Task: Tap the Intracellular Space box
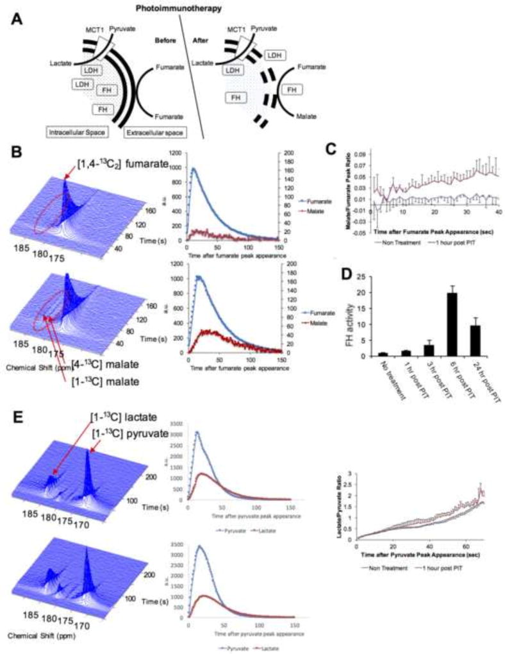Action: coord(75,131)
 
